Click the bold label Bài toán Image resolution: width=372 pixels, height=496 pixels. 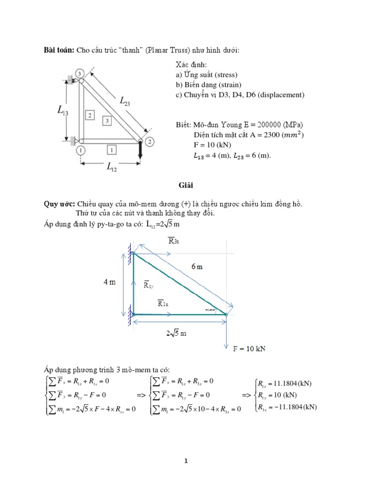pyautogui.click(x=58, y=51)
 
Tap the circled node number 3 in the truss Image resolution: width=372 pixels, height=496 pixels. pyautogui.click(x=80, y=73)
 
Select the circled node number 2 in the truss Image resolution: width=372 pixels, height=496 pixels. pyautogui.click(x=150, y=141)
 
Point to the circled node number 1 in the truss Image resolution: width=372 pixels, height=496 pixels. pyautogui.click(x=80, y=150)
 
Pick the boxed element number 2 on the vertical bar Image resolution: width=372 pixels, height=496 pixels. pyautogui.click(x=90, y=115)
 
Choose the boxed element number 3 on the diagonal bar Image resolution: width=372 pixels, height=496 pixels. pyautogui.click(x=108, y=119)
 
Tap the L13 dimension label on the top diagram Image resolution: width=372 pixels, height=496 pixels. pyautogui.click(x=62, y=111)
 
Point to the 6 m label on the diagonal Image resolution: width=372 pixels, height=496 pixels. pyautogui.click(x=196, y=267)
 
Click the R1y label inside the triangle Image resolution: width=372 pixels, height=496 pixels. pyautogui.click(x=149, y=285)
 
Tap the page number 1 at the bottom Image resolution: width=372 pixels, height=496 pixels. pyautogui.click(x=186, y=462)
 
